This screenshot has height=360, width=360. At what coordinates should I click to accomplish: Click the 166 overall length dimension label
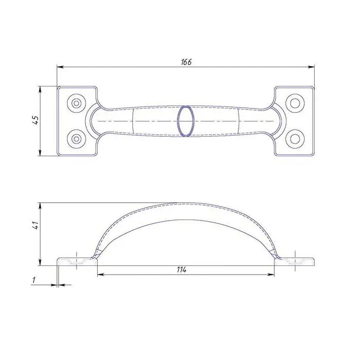[x=186, y=62]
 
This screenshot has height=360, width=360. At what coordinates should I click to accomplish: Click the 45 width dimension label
[x=35, y=120]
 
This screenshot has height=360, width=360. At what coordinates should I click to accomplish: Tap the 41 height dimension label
[x=35, y=225]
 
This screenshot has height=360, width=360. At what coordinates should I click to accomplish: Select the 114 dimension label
[x=182, y=270]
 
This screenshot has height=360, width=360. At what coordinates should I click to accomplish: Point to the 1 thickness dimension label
[x=34, y=280]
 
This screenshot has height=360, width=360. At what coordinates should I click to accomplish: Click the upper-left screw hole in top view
[x=77, y=103]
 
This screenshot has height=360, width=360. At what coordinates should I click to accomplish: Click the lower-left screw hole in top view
[x=77, y=138]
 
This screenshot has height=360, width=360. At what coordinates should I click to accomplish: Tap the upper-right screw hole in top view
[x=295, y=103]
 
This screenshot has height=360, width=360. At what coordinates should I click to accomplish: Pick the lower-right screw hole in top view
[x=295, y=138]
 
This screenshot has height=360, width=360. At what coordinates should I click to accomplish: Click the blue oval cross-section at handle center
[x=186, y=121]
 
